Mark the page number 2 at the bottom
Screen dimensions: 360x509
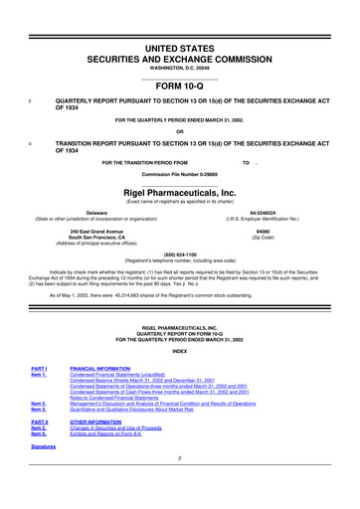coord(179,458)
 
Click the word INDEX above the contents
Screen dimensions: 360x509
coord(179,352)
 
